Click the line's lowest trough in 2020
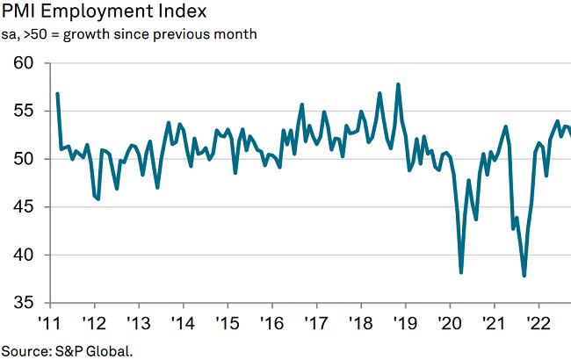pos(462,272)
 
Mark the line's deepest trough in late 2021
pos(524,276)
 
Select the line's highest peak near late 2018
pos(399,84)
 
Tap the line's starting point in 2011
pos(57,93)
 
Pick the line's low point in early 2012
pos(98,199)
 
